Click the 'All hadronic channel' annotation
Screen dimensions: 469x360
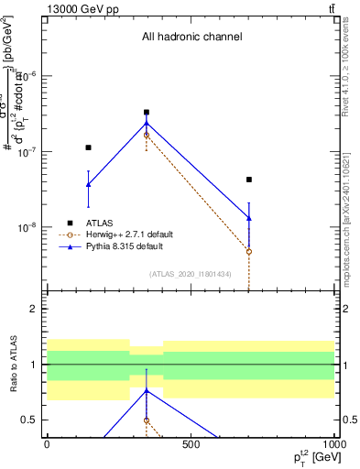click(x=191, y=38)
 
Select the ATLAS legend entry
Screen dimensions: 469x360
click(x=101, y=223)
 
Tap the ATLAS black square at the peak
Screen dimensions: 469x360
click(x=147, y=113)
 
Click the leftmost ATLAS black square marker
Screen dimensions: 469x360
click(x=88, y=147)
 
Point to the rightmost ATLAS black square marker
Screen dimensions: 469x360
click(x=249, y=180)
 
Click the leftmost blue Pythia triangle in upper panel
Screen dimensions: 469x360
click(x=88, y=184)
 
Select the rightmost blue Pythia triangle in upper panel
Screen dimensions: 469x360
click(x=249, y=218)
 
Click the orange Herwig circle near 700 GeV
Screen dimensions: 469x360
click(x=249, y=251)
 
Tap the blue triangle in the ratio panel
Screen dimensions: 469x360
click(x=147, y=390)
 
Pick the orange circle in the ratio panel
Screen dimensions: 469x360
click(x=147, y=420)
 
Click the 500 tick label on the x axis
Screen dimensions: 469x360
click(x=191, y=444)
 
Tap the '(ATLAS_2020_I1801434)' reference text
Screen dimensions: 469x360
click(x=191, y=274)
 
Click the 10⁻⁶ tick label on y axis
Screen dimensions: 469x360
click(x=30, y=75)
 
